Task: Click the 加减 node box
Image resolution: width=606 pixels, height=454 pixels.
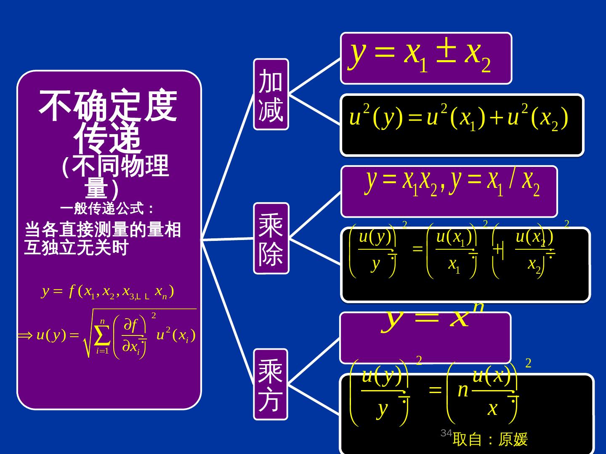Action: (271, 94)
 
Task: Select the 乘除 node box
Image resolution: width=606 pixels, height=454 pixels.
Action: (271, 238)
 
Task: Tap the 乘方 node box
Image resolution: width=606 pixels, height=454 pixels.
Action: (271, 384)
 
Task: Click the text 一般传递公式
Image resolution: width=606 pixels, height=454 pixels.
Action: (108, 208)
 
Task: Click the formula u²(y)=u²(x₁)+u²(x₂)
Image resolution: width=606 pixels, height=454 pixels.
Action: (459, 118)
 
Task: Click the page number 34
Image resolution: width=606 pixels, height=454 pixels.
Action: (446, 433)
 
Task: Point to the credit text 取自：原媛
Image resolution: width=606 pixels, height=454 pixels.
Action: (490, 440)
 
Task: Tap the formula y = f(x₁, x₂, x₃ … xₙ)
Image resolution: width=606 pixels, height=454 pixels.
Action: (108, 292)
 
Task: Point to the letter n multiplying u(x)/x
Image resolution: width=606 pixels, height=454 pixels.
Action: (462, 391)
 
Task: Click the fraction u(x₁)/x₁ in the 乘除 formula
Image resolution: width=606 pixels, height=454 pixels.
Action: (455, 251)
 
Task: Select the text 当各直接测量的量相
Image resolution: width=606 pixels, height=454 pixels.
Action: (103, 230)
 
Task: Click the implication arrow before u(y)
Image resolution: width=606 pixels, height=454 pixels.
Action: (25, 335)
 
